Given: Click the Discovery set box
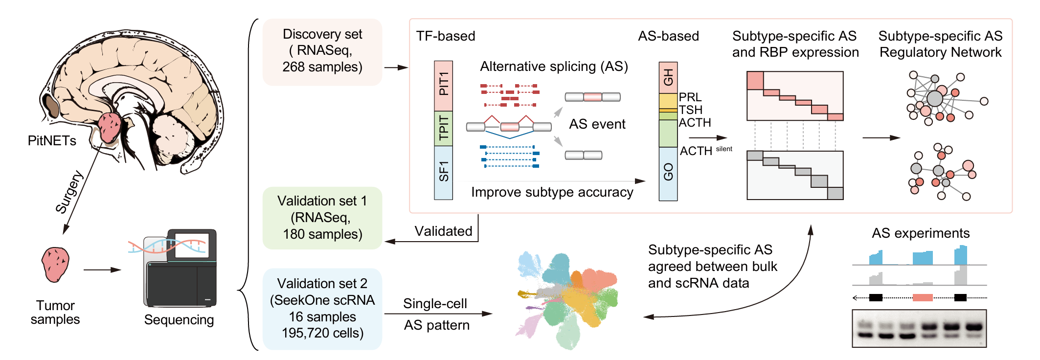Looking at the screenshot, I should (x=322, y=51).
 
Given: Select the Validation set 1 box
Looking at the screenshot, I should (x=322, y=218).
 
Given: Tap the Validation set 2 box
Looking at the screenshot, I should (x=322, y=309).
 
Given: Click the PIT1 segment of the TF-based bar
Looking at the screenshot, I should (x=443, y=85).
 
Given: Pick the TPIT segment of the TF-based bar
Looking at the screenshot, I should (x=443, y=128).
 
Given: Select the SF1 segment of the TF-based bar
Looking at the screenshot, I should (x=443, y=172).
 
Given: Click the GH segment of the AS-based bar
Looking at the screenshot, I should (x=668, y=77).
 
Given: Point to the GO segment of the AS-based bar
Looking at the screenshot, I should (x=668, y=173).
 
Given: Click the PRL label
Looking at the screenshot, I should (x=690, y=97).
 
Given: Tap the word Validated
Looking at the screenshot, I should (x=443, y=231).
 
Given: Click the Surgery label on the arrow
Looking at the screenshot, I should (x=69, y=192).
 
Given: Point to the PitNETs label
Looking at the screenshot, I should (x=52, y=141).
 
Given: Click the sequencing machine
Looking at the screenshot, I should (x=180, y=269).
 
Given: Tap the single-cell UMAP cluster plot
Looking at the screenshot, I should (x=567, y=299).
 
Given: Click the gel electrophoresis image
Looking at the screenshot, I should (x=919, y=328).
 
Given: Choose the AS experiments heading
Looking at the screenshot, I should (x=920, y=233).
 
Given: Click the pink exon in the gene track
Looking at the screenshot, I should (x=923, y=297).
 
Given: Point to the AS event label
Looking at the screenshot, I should (x=597, y=124).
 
